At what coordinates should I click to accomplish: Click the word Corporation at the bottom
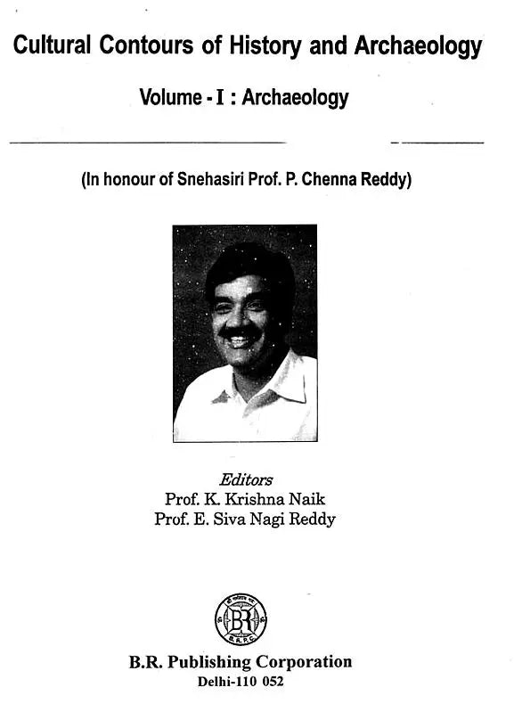[305, 663]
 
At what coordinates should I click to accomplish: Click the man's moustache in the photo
[237, 332]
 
